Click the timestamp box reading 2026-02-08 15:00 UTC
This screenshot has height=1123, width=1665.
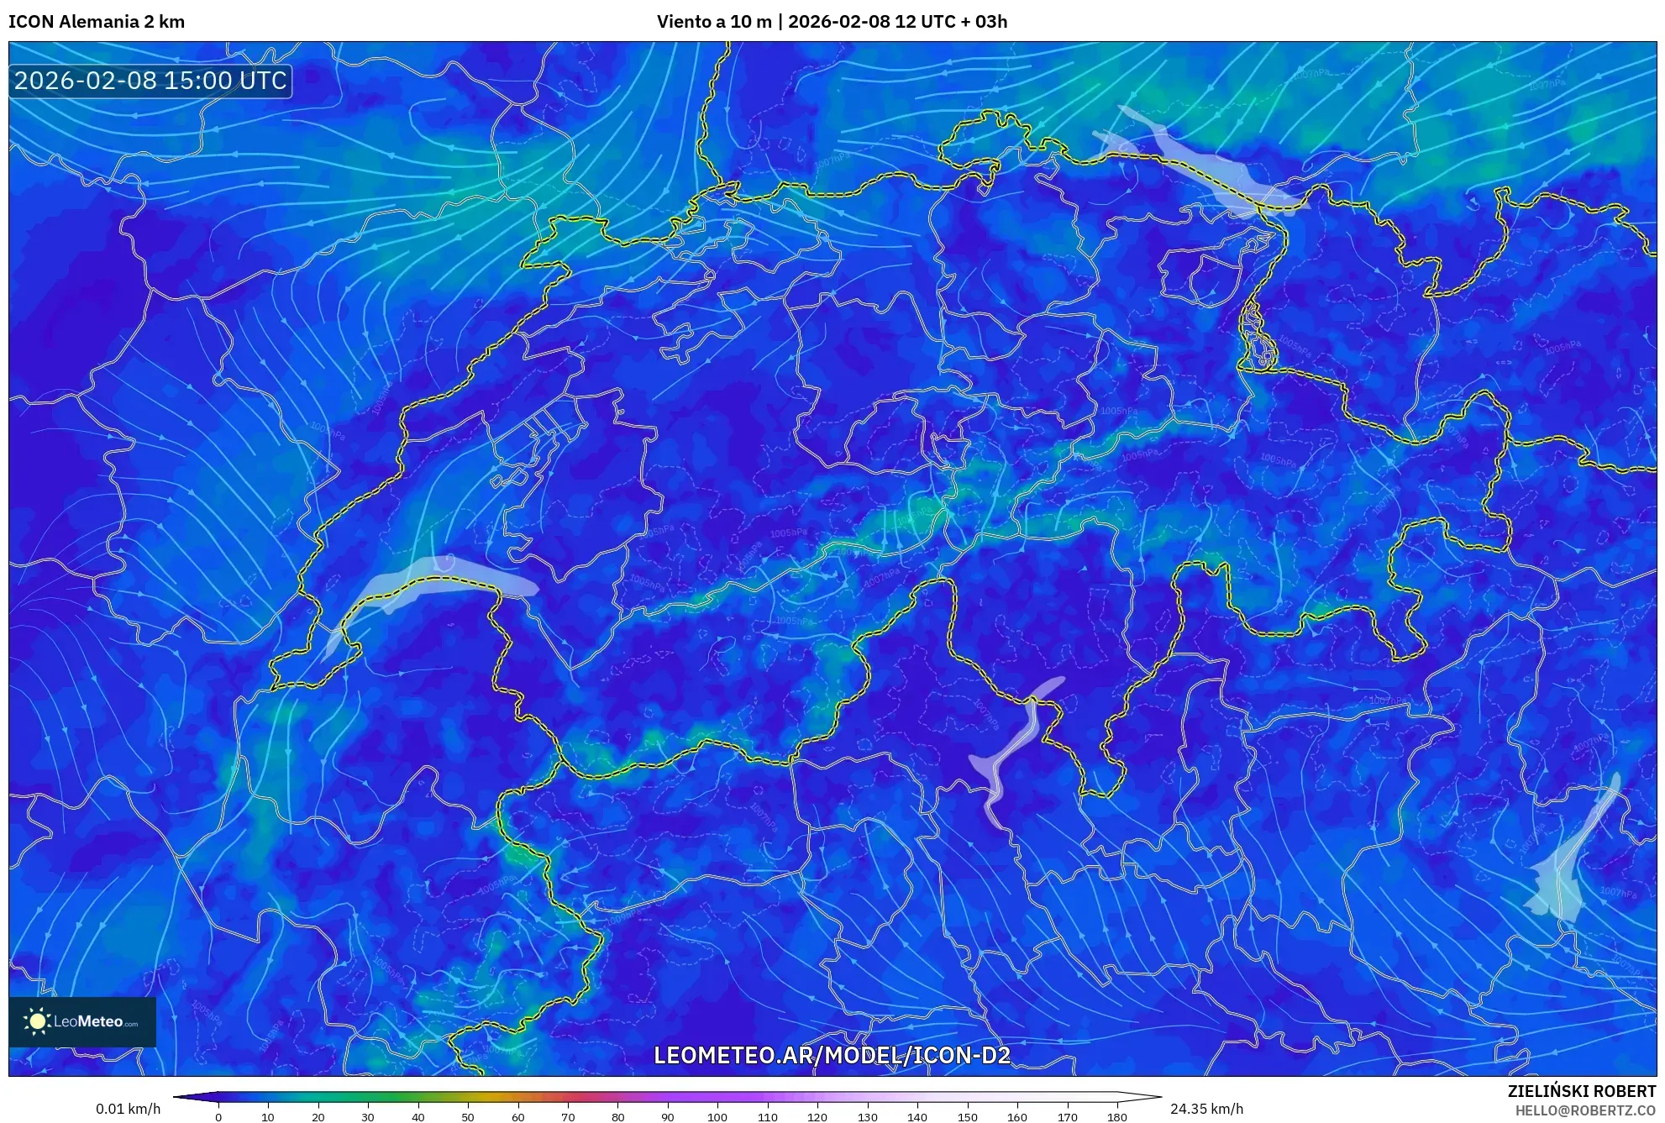tap(150, 81)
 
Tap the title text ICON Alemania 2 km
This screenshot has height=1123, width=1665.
tap(97, 22)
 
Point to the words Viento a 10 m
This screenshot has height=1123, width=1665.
tap(714, 22)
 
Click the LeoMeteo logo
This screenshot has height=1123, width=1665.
tap(82, 1021)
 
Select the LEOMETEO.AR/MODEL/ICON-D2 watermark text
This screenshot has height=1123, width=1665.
tap(832, 1055)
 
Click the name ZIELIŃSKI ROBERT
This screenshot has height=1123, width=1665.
tap(1581, 1091)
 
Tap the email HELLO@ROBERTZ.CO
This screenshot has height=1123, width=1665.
tap(1585, 1110)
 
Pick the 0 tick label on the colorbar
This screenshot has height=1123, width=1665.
tap(218, 1117)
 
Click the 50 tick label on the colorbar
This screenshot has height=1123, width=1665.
tap(468, 1117)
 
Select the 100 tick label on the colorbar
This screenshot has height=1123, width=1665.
tap(717, 1117)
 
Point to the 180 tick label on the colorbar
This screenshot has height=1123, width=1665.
tap(1116, 1117)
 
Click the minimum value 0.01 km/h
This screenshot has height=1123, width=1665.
tap(128, 1109)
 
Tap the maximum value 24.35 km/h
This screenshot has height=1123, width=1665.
tap(1206, 1109)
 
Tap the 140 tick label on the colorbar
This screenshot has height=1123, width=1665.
tap(917, 1117)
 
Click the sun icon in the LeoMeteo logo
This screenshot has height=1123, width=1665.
tap(37, 1021)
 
